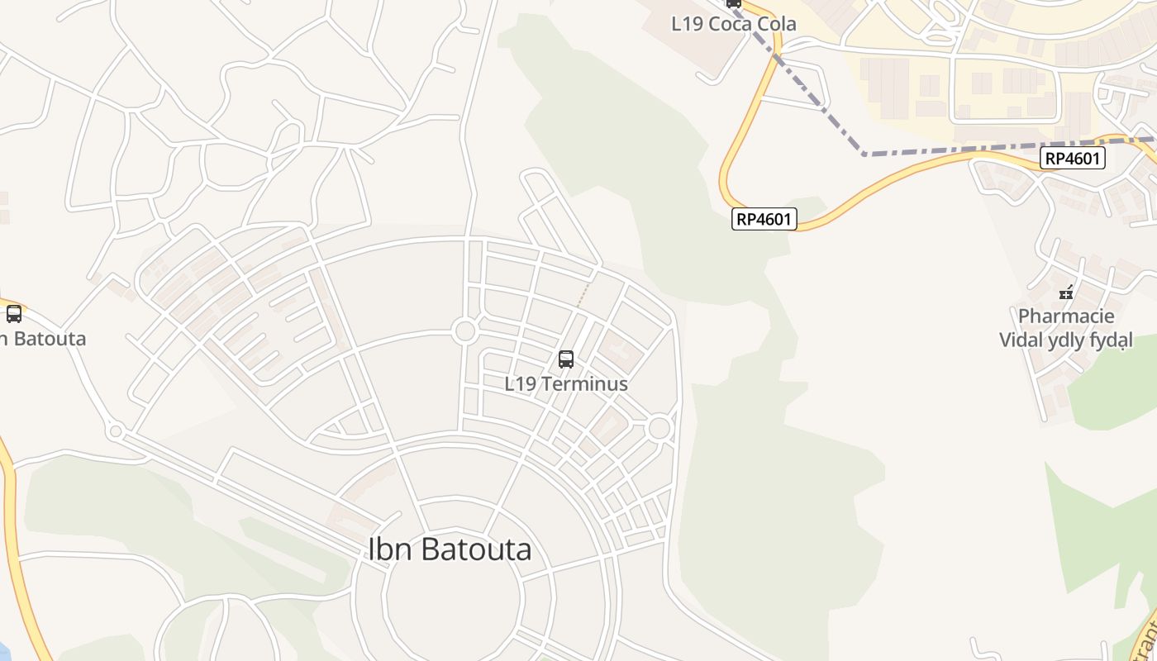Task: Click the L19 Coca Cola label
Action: [x=734, y=24]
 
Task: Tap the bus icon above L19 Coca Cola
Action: [x=733, y=2]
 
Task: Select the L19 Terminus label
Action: [x=566, y=384]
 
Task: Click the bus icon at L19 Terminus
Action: [x=566, y=359]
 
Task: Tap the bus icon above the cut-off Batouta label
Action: [x=14, y=314]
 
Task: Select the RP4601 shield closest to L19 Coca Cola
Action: [x=764, y=219]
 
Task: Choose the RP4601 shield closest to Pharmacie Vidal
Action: [x=1072, y=158]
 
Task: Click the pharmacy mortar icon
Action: [x=1066, y=292]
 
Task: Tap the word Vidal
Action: [x=1022, y=340]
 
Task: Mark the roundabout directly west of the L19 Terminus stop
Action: [x=465, y=331]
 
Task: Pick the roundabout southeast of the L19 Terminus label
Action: [x=659, y=428]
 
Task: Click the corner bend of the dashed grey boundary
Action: [x=864, y=154]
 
